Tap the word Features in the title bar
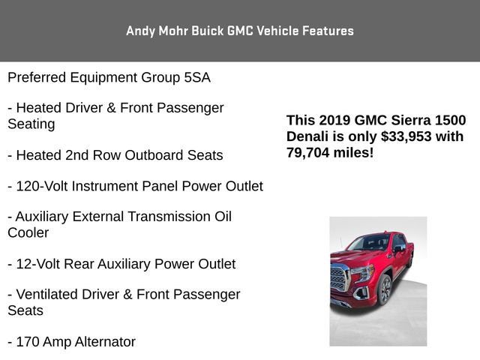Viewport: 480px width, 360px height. [x=327, y=31]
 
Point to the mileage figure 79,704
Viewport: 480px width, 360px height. [x=309, y=152]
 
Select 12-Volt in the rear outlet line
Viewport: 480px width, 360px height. [x=40, y=264]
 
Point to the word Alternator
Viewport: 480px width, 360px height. [x=100, y=342]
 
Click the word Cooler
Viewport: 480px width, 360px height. [x=28, y=232]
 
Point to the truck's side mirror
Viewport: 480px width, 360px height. [x=397, y=248]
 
